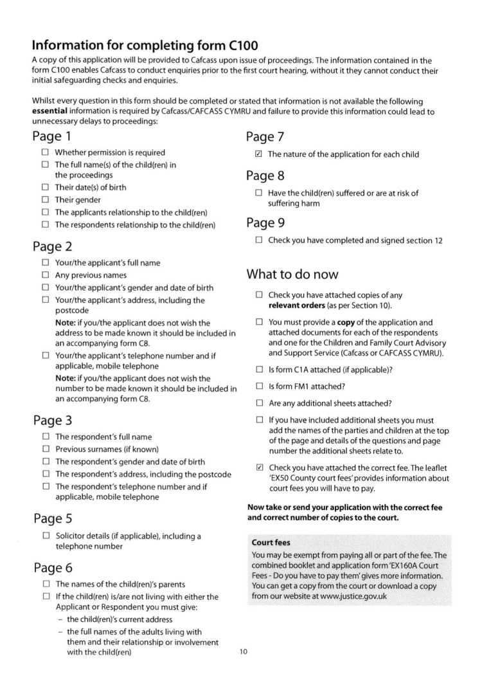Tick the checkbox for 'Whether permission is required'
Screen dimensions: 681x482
pyautogui.click(x=45, y=152)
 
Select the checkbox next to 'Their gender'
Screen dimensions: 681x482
pyautogui.click(x=45, y=200)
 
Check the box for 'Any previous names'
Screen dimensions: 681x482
pyautogui.click(x=45, y=275)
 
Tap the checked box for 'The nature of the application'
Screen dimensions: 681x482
pyautogui.click(x=258, y=154)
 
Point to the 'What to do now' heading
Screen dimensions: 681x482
pyautogui.click(x=292, y=275)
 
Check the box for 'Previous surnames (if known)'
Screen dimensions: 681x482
pyautogui.click(x=45, y=449)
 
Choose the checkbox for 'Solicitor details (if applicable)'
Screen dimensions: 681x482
pyautogui.click(x=45, y=536)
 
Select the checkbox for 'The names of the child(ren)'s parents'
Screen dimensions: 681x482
pyautogui.click(x=45, y=584)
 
